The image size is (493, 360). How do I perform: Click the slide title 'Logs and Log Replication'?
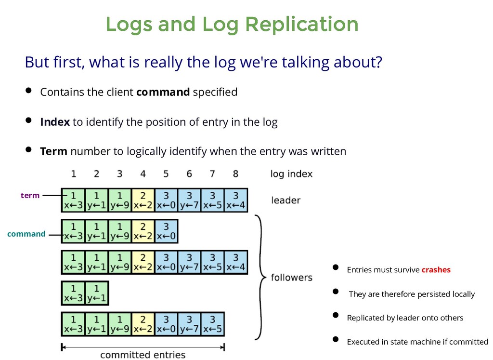point(232,24)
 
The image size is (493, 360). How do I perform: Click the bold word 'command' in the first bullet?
point(163,92)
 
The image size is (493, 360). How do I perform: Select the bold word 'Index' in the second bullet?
point(55,122)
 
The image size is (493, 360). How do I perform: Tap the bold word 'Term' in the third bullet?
point(53,152)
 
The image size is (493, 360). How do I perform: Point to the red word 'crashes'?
point(436,270)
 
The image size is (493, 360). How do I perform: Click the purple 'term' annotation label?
point(30,195)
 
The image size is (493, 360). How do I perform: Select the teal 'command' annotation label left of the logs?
point(26,234)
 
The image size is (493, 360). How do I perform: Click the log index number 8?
point(235,173)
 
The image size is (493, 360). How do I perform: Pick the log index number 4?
point(143,173)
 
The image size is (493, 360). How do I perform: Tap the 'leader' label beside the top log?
point(286,200)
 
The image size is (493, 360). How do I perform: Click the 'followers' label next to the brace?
point(291,278)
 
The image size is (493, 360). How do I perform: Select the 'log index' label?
point(291,174)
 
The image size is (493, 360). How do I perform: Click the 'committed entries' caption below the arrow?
point(143,355)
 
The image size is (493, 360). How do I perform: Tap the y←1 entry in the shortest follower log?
point(96,293)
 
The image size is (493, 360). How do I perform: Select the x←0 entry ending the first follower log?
point(166,231)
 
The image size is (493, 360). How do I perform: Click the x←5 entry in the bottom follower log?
point(212,324)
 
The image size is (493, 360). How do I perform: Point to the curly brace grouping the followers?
point(260,278)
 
